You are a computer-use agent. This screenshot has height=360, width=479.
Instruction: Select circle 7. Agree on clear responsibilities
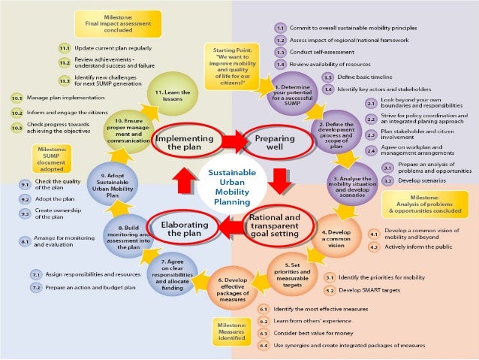172,274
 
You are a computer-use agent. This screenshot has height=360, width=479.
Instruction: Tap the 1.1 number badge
279,26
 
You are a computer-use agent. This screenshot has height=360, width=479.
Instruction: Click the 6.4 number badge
264,345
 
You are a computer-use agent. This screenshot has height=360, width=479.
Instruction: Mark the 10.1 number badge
16,98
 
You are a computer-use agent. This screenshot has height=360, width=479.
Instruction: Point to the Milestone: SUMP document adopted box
50,159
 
